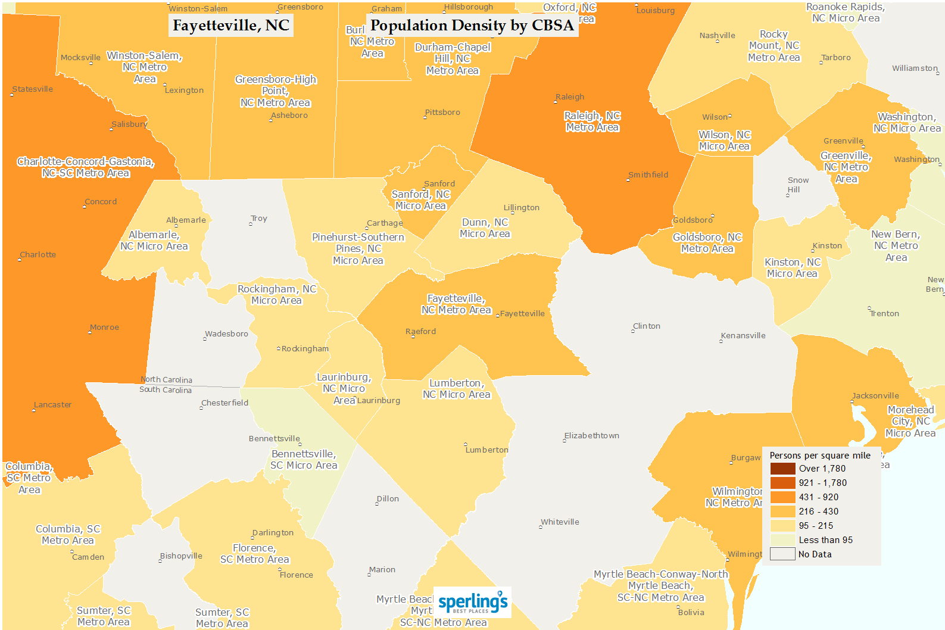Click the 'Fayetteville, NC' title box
[231, 26]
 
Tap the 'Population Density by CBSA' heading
[472, 26]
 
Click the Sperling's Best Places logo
[473, 603]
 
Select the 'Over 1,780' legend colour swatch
[782, 469]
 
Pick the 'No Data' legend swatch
[782, 554]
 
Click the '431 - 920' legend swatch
[782, 497]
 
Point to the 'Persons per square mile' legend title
[820, 456]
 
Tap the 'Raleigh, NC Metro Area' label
[592, 121]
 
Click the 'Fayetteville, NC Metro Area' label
[456, 304]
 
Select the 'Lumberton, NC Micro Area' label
[456, 389]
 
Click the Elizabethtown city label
[592, 436]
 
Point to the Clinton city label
[647, 326]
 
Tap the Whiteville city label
[560, 522]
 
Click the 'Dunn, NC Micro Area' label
[485, 228]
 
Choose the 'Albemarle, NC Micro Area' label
[154, 241]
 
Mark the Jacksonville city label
[875, 396]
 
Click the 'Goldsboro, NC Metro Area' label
[707, 243]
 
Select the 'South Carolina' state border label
[166, 390]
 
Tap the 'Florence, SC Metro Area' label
[255, 554]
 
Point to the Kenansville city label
[743, 336]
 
